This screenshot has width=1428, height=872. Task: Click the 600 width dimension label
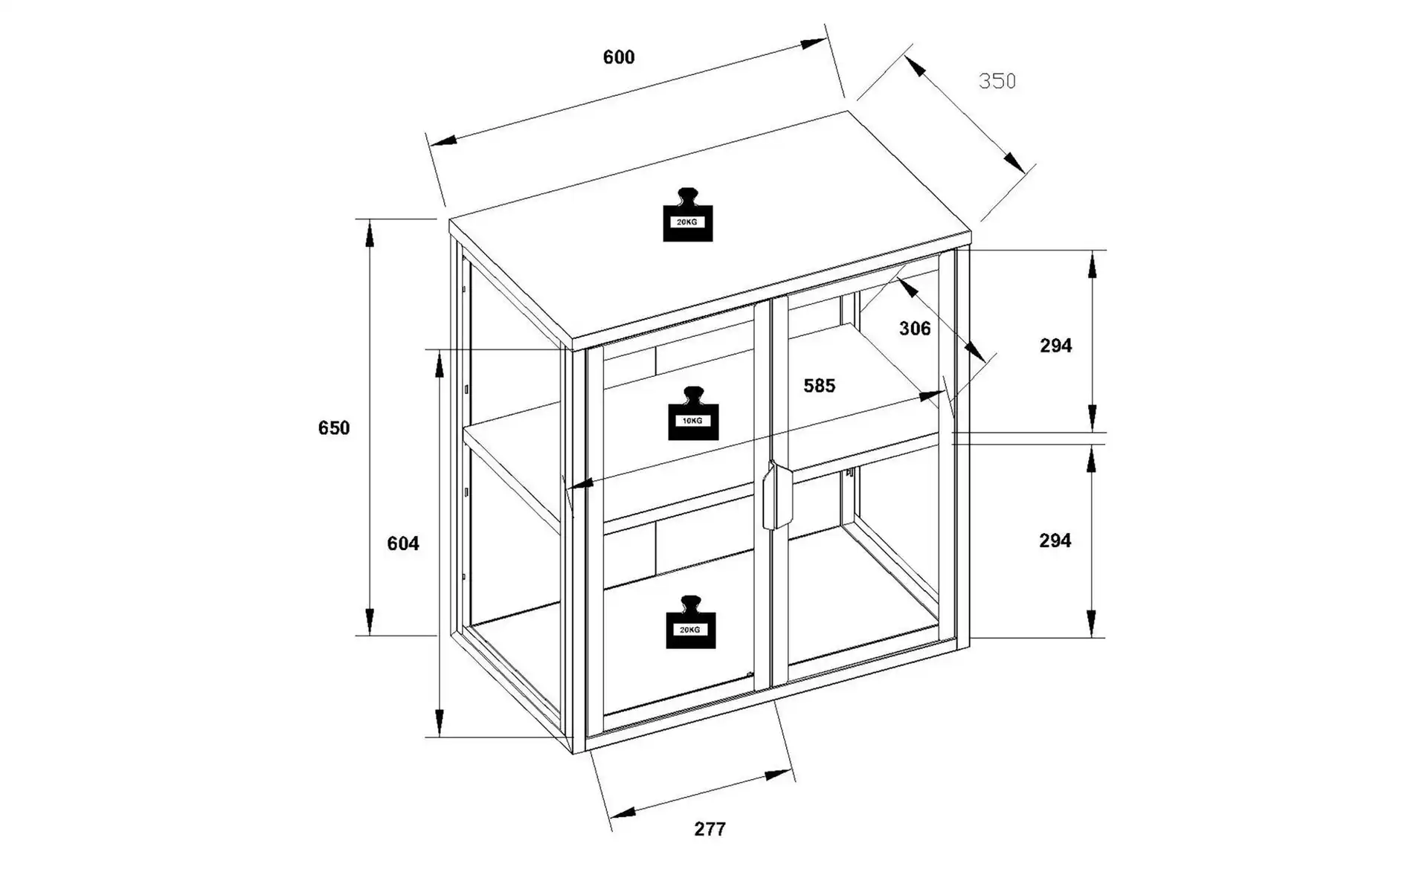619,57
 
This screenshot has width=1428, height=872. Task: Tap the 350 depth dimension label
997,81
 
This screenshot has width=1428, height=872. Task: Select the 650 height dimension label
334,428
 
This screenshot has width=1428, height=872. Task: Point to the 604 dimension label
403,544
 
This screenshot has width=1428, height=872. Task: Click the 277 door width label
710,829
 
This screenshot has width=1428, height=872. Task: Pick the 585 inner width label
820,386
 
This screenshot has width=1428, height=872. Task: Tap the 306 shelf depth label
915,329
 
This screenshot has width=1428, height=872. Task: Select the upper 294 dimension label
1056,346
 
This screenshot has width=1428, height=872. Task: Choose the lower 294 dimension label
1055,540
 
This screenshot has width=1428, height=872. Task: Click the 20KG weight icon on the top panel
688,215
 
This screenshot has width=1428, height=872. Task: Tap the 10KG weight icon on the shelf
693,413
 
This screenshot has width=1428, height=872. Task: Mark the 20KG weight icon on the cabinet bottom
691,622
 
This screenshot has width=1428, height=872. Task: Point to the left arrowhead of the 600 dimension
443,141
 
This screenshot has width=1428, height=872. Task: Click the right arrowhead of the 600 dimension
813,43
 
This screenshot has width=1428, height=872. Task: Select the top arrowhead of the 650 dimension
370,233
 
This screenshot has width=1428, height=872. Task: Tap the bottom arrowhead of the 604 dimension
440,723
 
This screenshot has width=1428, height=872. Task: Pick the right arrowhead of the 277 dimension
779,775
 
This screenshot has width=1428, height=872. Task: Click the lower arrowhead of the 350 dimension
1014,162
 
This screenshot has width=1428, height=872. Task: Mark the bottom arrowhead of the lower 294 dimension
1091,623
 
